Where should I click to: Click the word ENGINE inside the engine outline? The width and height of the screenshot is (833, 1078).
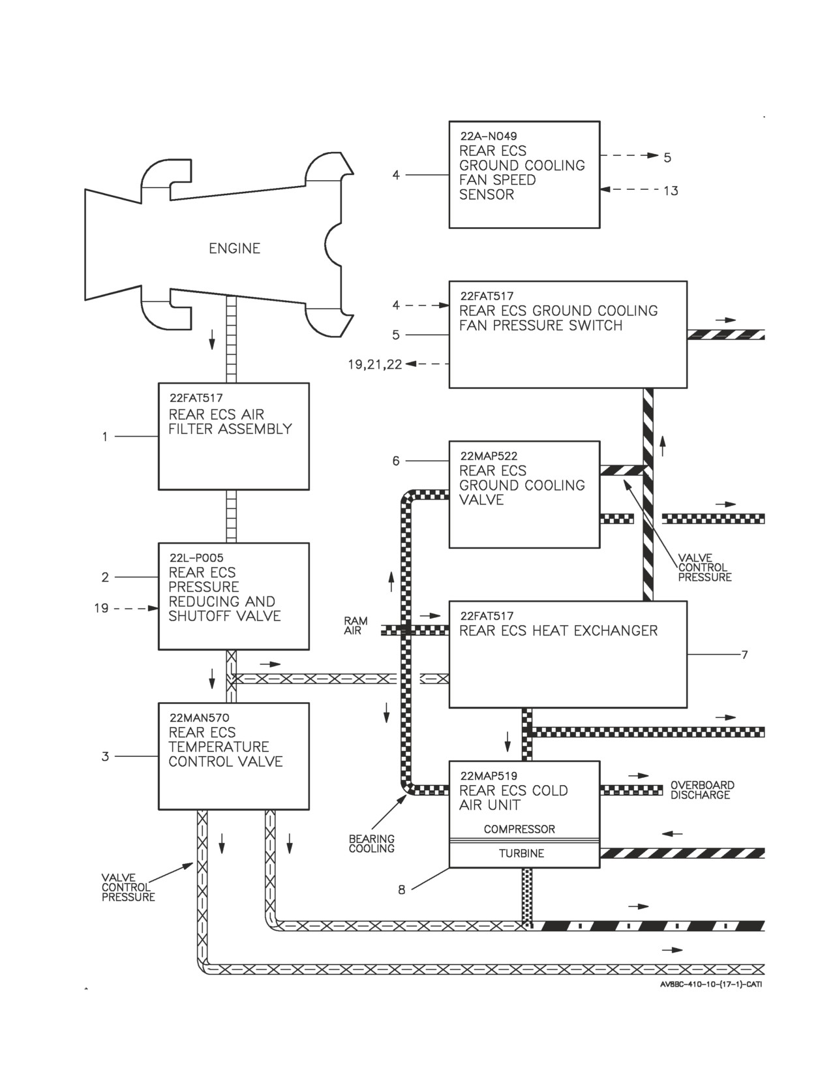pos(234,248)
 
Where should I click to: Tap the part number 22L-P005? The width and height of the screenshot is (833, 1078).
pos(196,558)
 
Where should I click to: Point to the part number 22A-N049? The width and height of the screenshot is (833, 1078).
pos(489,136)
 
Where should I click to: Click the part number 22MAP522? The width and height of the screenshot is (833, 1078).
pos(489,456)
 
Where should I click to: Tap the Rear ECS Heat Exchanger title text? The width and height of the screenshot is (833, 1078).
pos(558,630)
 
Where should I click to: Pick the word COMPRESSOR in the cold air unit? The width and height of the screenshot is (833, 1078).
pos(519,829)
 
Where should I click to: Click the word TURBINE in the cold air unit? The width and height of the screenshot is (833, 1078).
pos(521,854)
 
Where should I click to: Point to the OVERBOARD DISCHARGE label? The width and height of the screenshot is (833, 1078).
pos(702,790)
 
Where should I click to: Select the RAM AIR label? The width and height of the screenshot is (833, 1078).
pos(356,626)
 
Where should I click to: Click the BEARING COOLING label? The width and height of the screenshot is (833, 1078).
pos(371,844)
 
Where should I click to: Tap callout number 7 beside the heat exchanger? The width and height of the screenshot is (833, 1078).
pos(744,654)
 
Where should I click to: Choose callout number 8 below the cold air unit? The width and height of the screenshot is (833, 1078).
pos(402,890)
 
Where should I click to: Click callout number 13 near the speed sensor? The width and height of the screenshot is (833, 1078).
pos(671,191)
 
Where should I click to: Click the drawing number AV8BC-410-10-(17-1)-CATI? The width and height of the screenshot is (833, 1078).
pos(711,984)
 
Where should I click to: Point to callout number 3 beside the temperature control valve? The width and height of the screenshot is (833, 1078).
pos(105,756)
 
